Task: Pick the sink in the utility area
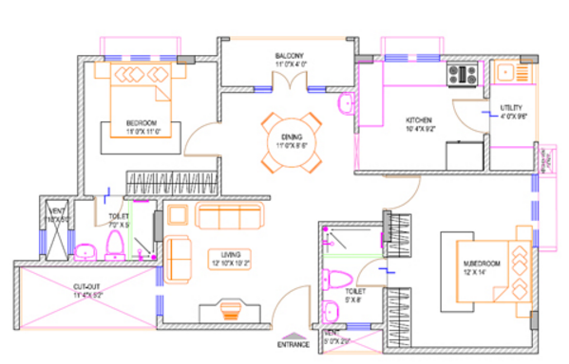(x=503, y=71)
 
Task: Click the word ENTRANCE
(x=294, y=345)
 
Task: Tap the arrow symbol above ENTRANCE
(x=294, y=335)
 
